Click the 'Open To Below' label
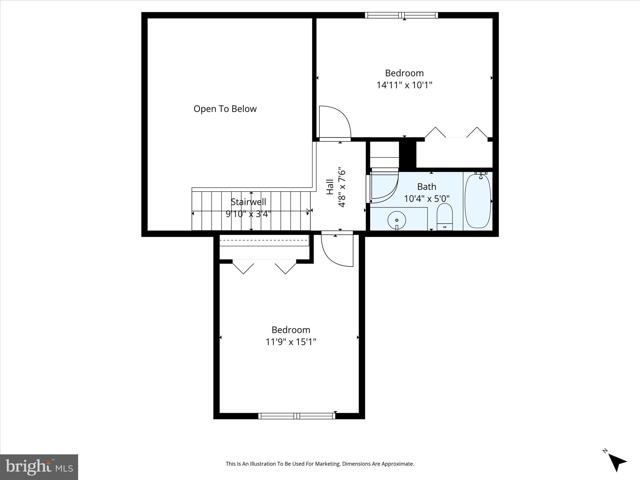click(x=225, y=109)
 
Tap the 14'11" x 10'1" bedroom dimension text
click(x=404, y=85)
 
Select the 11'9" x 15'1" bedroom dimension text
click(x=291, y=342)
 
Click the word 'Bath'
click(x=427, y=187)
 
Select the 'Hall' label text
click(x=330, y=187)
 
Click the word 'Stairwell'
click(x=248, y=202)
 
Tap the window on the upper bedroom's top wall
click(x=402, y=15)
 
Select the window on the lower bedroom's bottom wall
click(x=297, y=416)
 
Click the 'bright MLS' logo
click(x=39, y=467)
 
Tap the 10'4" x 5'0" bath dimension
click(x=427, y=199)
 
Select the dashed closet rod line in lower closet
click(x=264, y=240)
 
